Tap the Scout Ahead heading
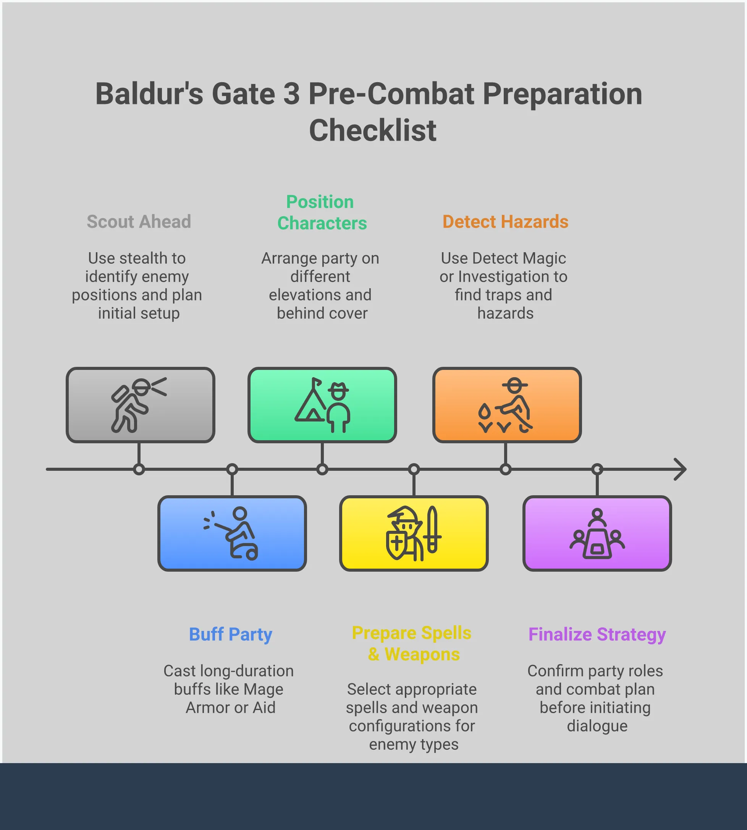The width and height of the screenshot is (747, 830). point(139,222)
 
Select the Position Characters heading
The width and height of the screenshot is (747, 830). point(322,213)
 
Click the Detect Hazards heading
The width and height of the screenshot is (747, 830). point(505,222)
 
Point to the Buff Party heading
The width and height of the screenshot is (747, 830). point(231,634)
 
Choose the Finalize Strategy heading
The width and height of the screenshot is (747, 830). point(597,634)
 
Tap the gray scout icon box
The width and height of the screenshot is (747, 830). point(141,405)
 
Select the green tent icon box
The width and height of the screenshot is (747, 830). point(322,405)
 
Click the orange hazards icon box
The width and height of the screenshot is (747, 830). point(507,405)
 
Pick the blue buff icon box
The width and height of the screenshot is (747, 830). point(232,533)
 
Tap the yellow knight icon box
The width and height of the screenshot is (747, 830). point(414,533)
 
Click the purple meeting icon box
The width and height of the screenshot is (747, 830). point(597,533)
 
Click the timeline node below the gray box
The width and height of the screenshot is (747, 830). point(139,469)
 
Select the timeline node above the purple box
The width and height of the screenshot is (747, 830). point(597,469)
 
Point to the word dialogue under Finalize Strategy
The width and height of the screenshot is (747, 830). point(597,726)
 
